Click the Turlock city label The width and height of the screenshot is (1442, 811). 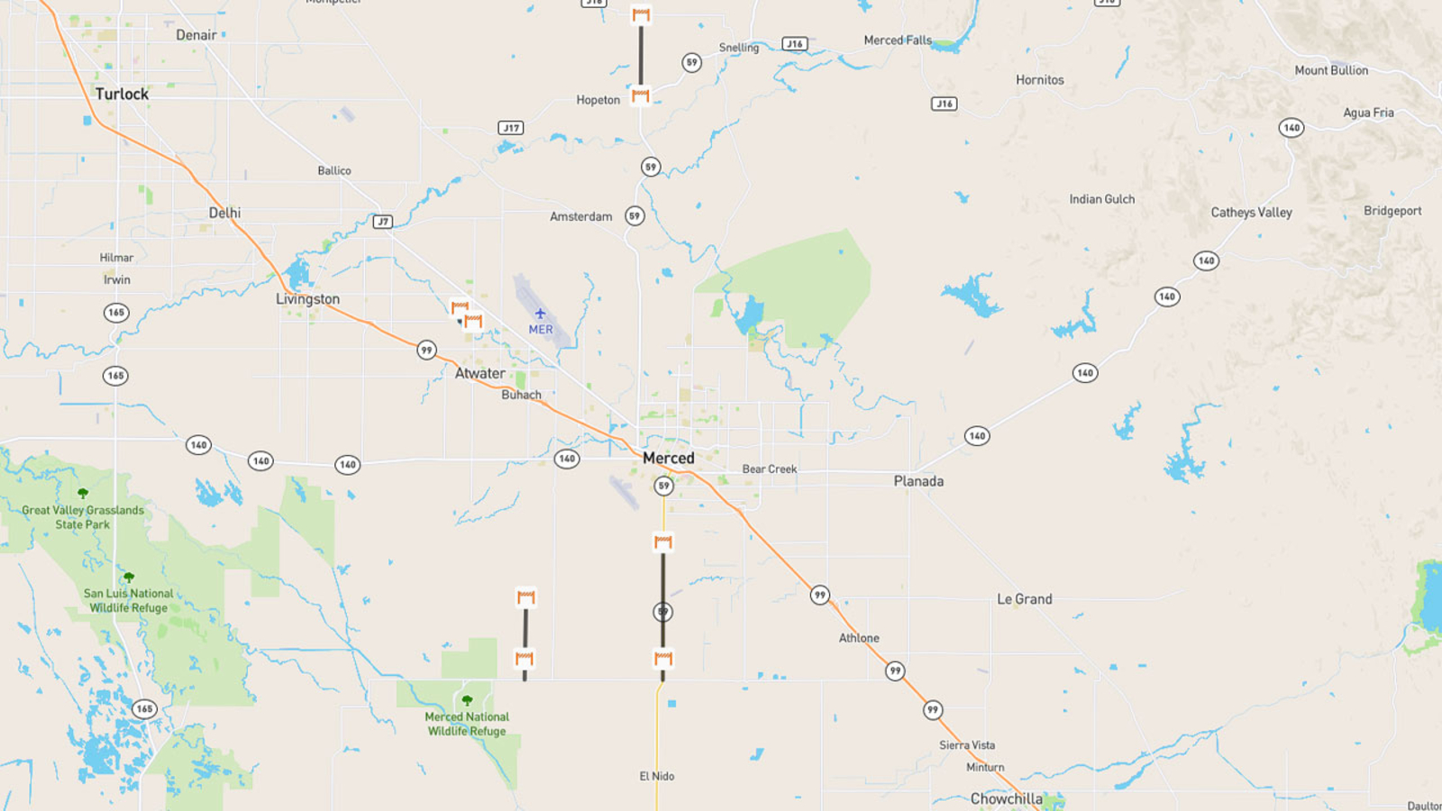click(x=122, y=94)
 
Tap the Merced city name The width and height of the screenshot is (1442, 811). click(x=668, y=458)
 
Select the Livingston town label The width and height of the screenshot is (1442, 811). click(x=307, y=299)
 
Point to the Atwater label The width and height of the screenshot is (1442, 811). click(x=479, y=373)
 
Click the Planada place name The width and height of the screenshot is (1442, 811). click(x=918, y=481)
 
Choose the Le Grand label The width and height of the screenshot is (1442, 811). click(x=1024, y=599)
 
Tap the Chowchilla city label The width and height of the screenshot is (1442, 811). click(x=1006, y=798)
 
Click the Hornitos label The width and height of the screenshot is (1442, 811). click(x=1039, y=80)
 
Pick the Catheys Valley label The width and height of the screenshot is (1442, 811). click(x=1251, y=213)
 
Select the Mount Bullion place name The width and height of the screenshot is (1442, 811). click(x=1330, y=70)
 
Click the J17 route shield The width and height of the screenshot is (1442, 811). click(x=511, y=128)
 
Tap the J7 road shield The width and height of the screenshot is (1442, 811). click(x=383, y=222)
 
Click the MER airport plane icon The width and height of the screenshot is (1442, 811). click(x=540, y=314)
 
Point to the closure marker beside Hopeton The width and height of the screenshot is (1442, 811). click(x=641, y=95)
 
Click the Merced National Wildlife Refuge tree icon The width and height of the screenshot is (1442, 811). click(x=467, y=700)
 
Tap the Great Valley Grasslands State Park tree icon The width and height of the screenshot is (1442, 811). click(x=83, y=493)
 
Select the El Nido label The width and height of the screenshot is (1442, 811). click(x=656, y=776)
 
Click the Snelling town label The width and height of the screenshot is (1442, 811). click(x=738, y=48)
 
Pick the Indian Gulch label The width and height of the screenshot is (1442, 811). click(x=1101, y=199)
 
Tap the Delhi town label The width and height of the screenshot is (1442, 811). click(x=224, y=213)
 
